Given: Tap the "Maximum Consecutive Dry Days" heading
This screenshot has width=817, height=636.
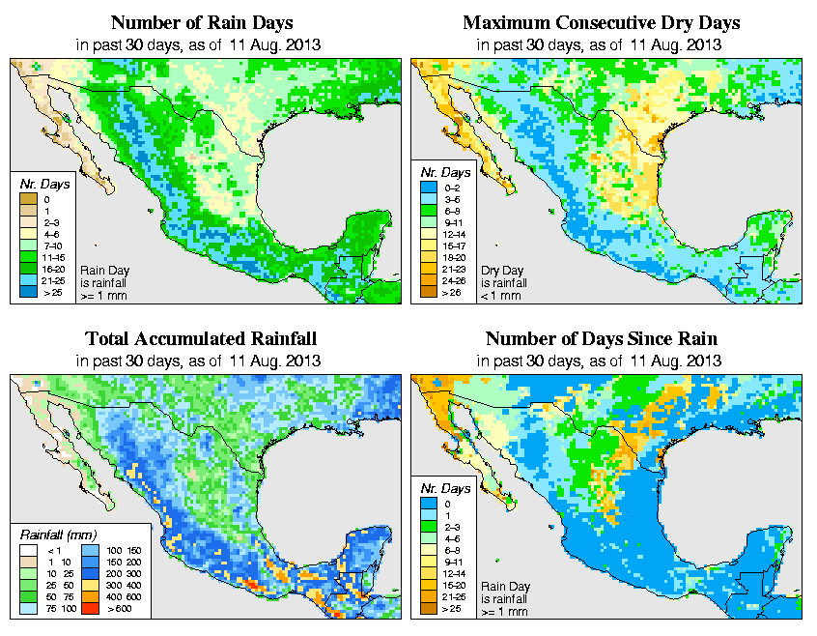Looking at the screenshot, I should tap(601, 22).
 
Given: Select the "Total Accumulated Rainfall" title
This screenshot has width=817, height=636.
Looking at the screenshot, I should tap(201, 339).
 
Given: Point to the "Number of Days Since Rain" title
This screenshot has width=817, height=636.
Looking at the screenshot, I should tap(601, 339).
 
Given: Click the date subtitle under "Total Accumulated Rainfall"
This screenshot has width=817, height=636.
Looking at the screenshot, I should tap(201, 361).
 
